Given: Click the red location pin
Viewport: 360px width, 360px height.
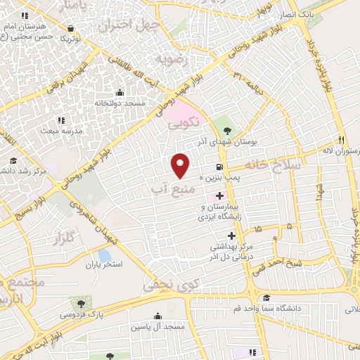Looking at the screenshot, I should (181, 165).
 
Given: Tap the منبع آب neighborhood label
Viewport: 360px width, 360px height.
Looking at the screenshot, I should (169, 188).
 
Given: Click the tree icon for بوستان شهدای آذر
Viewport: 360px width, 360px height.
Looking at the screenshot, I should (226, 130).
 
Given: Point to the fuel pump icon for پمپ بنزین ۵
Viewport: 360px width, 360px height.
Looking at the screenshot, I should (221, 167).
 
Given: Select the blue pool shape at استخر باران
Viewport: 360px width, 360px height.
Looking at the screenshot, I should (104, 255).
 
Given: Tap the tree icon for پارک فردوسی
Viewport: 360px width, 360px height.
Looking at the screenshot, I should (83, 304).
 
